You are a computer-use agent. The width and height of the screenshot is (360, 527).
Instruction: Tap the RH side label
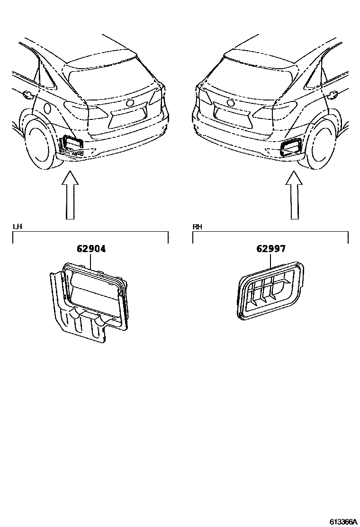point(197,227)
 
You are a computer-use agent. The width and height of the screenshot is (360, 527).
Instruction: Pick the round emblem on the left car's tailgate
point(130,103)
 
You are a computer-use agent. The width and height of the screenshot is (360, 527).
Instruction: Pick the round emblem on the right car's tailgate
point(231,103)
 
